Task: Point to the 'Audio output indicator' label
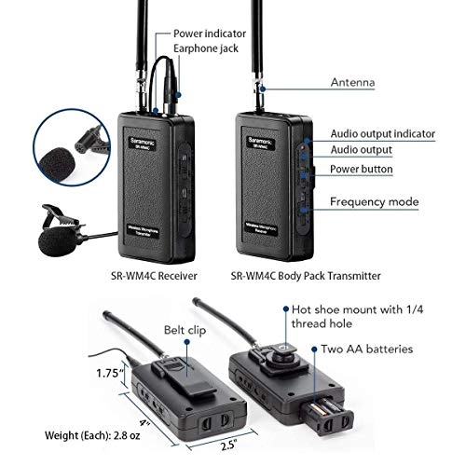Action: click(x=382, y=134)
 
